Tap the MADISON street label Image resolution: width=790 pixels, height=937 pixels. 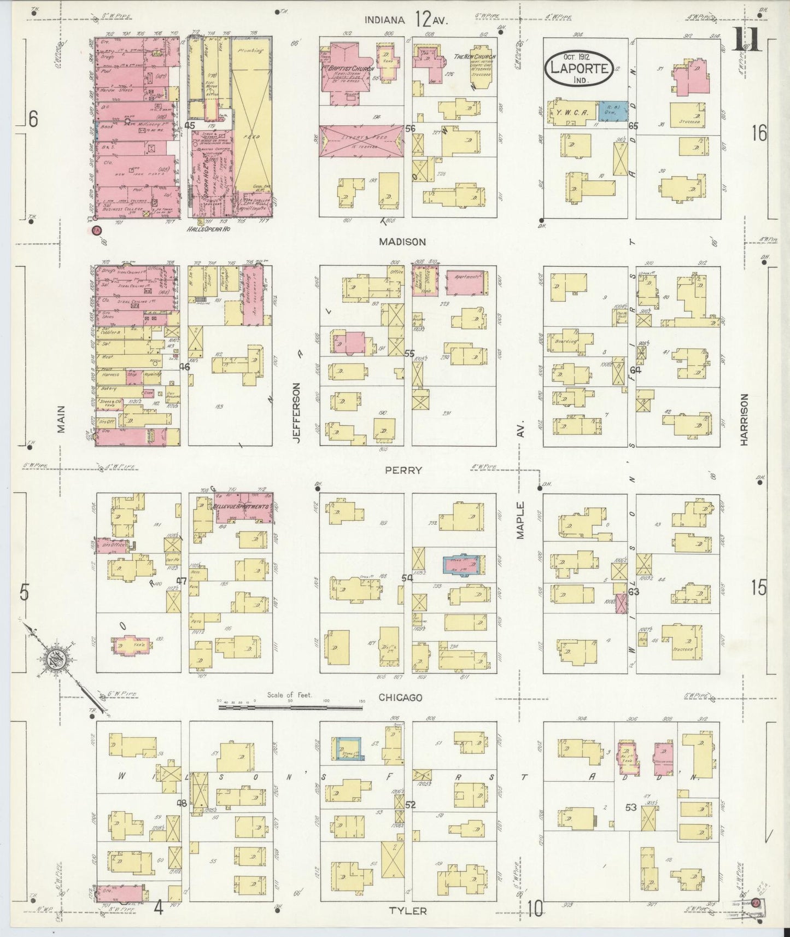403,241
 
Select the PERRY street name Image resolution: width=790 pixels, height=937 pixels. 403,470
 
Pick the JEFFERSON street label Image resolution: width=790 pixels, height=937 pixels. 296,411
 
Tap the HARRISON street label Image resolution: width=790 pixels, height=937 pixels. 744,420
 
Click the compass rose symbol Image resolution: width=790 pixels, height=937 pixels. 55,658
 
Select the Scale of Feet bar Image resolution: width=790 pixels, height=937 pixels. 290,707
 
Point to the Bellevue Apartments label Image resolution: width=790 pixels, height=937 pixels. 242,506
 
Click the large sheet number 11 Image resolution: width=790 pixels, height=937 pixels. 746,40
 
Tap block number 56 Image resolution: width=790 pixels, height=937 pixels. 411,128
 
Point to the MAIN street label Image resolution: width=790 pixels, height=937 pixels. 61,419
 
